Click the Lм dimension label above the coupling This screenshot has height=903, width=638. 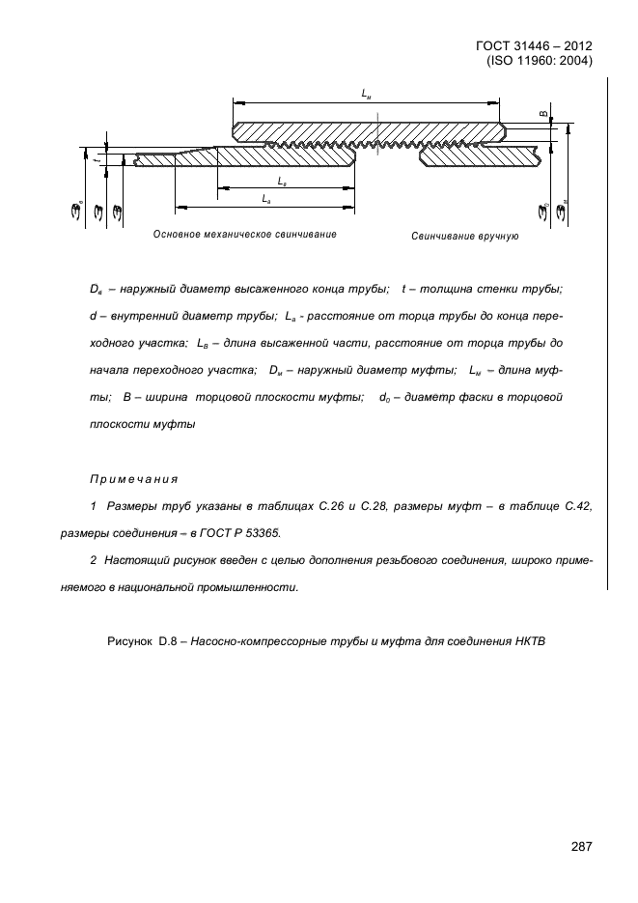[x=367, y=94]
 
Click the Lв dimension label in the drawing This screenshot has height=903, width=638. [x=281, y=181]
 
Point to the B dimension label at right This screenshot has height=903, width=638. [x=542, y=114]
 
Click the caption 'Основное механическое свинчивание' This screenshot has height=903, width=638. [x=244, y=235]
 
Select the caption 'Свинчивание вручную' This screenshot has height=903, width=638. [x=464, y=236]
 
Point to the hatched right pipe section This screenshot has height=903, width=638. [x=483, y=155]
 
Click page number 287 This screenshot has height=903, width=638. [x=580, y=846]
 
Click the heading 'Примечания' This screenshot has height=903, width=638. [x=134, y=479]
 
